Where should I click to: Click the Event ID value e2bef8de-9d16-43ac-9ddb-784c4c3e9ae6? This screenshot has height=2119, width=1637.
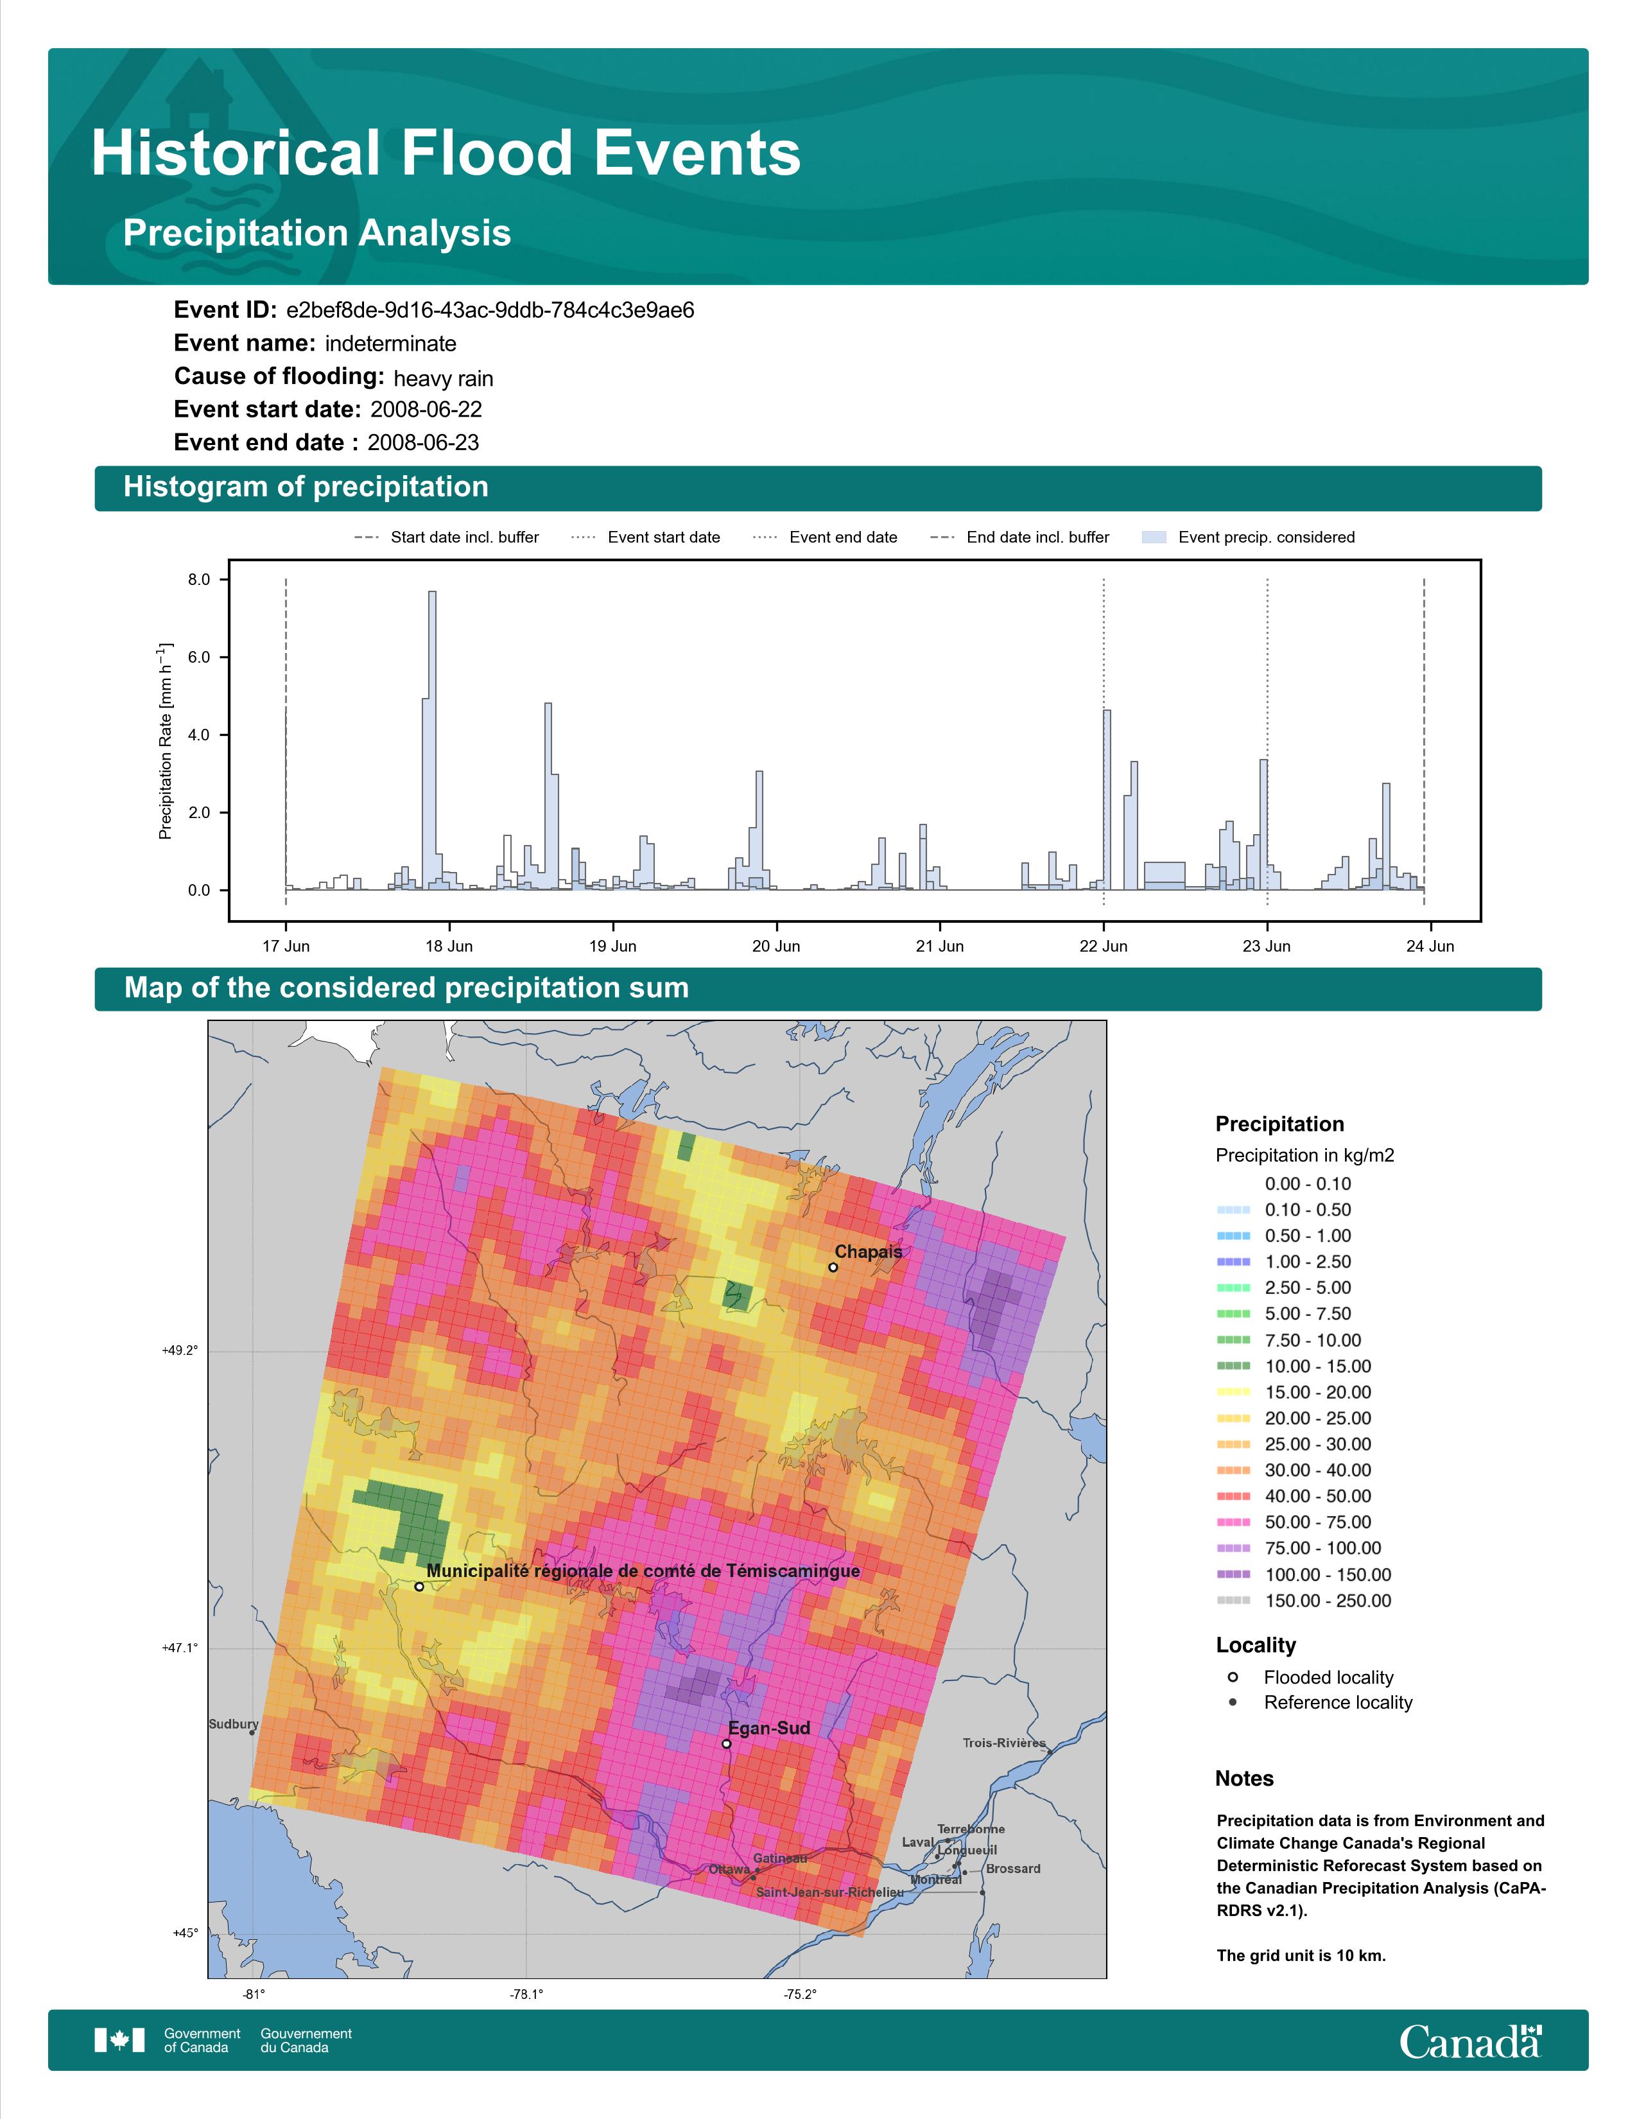[490, 311]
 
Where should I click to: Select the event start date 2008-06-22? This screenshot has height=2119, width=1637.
[426, 410]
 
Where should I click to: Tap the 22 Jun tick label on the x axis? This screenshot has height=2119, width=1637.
[1104, 946]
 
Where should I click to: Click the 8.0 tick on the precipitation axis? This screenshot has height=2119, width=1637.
[199, 580]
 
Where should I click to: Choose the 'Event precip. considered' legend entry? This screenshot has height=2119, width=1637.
[1249, 537]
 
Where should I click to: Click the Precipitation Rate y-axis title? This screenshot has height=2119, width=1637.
[165, 740]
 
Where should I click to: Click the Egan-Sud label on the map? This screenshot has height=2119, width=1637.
[769, 1728]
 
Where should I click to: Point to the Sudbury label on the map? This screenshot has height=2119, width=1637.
[234, 1724]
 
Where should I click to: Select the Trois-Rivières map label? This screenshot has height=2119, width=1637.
[1004, 1743]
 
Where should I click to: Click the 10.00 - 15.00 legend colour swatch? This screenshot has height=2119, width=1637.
[1233, 1366]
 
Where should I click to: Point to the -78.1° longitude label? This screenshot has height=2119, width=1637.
[526, 1986]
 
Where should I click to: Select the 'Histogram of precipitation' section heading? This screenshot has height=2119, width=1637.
[306, 487]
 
